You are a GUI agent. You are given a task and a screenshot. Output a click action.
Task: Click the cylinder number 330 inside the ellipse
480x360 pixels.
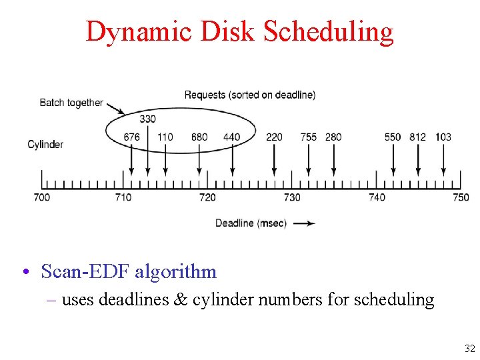click(148, 119)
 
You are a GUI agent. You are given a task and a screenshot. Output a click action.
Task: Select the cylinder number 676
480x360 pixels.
click(132, 137)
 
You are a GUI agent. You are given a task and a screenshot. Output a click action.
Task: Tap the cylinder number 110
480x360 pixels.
click(165, 137)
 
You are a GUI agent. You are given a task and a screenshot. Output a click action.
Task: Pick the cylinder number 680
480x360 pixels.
click(199, 137)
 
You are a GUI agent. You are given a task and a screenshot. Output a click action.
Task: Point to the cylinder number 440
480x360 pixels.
click(231, 137)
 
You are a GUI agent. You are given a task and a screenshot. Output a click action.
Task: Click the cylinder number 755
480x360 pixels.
click(308, 137)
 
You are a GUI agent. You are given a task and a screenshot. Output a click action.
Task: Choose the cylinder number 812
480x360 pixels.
click(418, 137)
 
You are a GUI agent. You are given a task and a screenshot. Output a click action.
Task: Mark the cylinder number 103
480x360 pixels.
click(443, 137)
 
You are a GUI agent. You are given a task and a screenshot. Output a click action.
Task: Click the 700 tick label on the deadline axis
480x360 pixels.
click(41, 197)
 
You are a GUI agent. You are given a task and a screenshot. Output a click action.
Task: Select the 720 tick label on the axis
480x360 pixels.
click(207, 197)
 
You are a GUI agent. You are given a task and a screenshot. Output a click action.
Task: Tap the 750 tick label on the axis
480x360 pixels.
click(461, 197)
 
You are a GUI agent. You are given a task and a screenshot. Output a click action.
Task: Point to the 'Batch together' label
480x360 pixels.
click(71, 103)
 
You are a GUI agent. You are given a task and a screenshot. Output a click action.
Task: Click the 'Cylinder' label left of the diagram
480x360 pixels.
click(45, 144)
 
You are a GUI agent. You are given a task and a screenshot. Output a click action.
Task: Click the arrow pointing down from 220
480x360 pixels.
click(274, 160)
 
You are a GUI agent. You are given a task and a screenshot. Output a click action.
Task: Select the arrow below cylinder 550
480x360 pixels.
click(393, 160)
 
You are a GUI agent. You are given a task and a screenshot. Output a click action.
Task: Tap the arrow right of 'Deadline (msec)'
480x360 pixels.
click(304, 223)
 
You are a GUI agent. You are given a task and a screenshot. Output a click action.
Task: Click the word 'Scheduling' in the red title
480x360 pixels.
click(329, 31)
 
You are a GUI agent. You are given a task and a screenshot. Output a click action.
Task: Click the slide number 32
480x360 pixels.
click(469, 348)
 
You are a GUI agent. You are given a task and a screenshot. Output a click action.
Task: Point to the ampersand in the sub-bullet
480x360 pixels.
click(180, 300)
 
